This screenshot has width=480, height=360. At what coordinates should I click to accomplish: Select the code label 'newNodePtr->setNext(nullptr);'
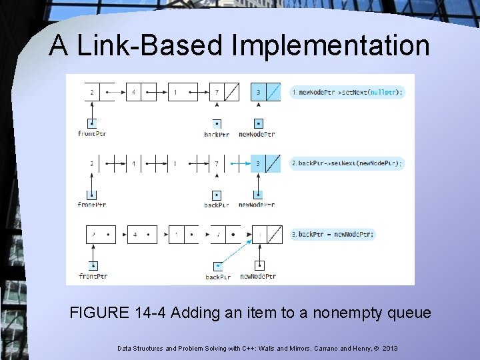347,92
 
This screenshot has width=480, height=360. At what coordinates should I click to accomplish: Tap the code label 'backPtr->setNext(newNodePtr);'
347,163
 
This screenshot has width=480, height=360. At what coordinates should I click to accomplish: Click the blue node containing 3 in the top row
265,92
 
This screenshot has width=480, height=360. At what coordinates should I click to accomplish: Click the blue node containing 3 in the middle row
265,163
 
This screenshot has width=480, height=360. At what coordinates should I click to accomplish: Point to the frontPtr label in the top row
92,134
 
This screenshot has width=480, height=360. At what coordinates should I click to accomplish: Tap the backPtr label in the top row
217,134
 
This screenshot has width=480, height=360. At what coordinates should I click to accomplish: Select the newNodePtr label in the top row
257,134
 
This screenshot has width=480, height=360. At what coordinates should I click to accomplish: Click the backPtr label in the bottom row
218,277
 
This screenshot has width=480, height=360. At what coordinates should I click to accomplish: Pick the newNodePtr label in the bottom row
258,276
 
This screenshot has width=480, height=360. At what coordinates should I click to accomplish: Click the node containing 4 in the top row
141,92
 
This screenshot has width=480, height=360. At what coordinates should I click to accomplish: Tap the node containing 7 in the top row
224,92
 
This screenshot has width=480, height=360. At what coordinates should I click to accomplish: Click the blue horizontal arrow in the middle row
240,163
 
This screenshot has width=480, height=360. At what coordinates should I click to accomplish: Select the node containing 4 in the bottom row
142,235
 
